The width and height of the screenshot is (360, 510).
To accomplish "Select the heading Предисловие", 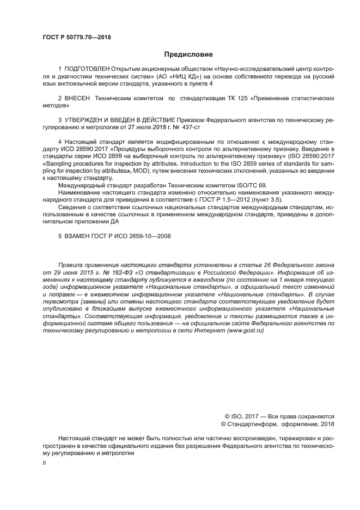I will [188, 54].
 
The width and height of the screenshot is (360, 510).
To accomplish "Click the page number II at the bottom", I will [45, 463].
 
